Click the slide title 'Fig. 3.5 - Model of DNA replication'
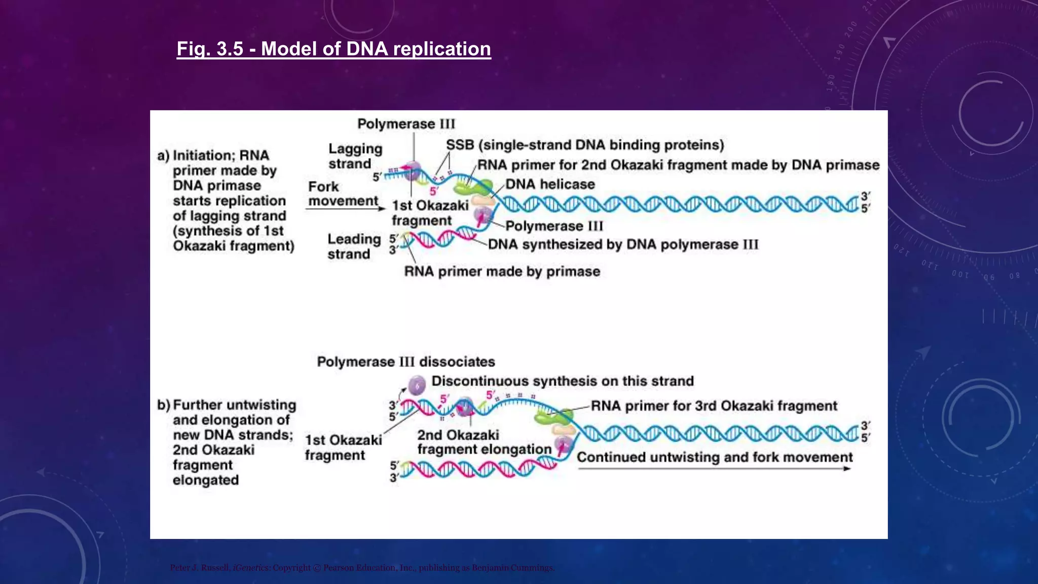(333, 49)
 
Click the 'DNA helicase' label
(549, 184)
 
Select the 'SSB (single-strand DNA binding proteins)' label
(584, 145)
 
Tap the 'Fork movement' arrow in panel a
(345, 208)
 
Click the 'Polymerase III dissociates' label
(405, 362)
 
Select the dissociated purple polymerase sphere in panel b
(417, 386)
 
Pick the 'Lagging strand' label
(355, 156)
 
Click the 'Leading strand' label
(353, 246)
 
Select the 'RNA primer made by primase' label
(502, 272)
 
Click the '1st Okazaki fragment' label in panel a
(429, 213)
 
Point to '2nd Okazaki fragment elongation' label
(484, 442)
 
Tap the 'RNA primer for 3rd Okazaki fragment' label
(714, 406)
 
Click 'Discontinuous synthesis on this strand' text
(562, 381)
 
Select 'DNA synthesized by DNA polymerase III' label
(623, 244)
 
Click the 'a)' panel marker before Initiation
(163, 156)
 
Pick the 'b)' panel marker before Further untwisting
(163, 405)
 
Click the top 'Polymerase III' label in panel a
(406, 124)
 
